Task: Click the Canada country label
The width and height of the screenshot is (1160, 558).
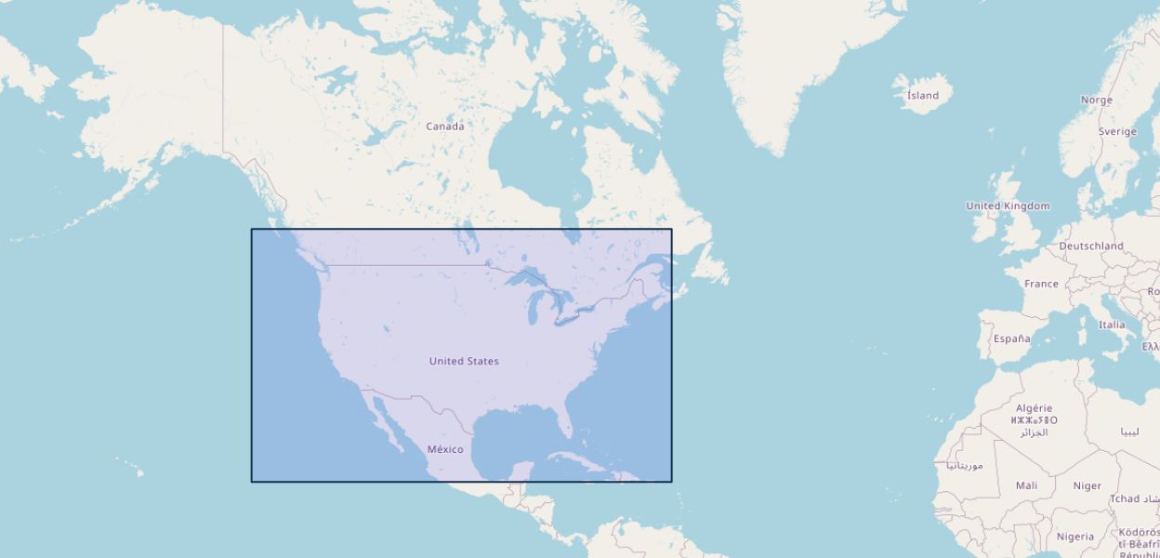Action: click(445, 126)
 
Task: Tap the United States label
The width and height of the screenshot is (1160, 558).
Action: click(464, 361)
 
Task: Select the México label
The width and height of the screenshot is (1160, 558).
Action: click(445, 449)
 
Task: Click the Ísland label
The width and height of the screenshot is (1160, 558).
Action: click(923, 96)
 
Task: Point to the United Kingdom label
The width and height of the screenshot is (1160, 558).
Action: click(1008, 206)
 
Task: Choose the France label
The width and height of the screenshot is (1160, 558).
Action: click(1041, 284)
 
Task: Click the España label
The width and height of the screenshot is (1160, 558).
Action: click(1011, 339)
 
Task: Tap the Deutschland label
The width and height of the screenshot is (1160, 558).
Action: click(1091, 246)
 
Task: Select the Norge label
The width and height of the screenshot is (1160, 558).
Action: click(1097, 100)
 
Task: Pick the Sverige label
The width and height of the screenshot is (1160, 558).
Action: click(1117, 132)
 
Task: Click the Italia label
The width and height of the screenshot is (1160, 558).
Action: click(1112, 325)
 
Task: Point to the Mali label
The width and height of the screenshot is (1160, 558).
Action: click(1027, 485)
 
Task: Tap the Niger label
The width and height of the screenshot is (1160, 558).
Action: click(1087, 485)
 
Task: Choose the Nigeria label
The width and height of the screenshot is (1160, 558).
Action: click(1075, 537)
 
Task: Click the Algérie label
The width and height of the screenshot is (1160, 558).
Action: click(1035, 408)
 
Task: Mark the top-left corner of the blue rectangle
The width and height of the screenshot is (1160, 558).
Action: click(252, 230)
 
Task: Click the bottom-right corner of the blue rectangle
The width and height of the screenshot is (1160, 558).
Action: click(671, 481)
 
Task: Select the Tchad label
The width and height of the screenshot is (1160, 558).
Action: click(1125, 499)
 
